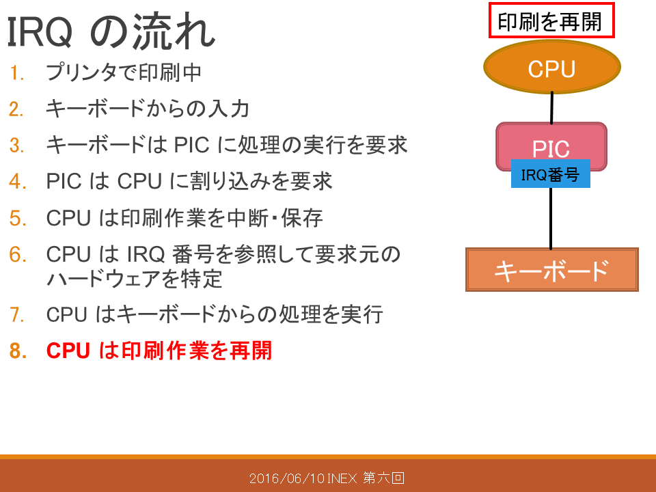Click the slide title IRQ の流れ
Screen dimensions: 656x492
click(111, 32)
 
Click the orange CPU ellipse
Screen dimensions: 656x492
click(552, 67)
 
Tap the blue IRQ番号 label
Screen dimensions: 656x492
click(551, 174)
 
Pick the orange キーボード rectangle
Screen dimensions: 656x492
click(552, 270)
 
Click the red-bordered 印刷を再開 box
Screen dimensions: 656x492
click(551, 20)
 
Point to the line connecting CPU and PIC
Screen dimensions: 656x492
click(552, 107)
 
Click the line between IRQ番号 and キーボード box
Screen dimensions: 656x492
click(551, 218)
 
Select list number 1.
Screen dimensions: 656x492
click(16, 73)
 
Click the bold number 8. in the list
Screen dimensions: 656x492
click(18, 351)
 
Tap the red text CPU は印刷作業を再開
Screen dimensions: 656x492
click(159, 350)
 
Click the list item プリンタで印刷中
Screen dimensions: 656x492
click(124, 72)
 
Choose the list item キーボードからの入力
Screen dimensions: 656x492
click(148, 109)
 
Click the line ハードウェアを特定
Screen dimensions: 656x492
click(134, 279)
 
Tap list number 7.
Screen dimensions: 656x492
click(16, 314)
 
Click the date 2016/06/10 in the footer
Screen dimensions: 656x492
click(287, 478)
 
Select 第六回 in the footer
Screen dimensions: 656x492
click(383, 478)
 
